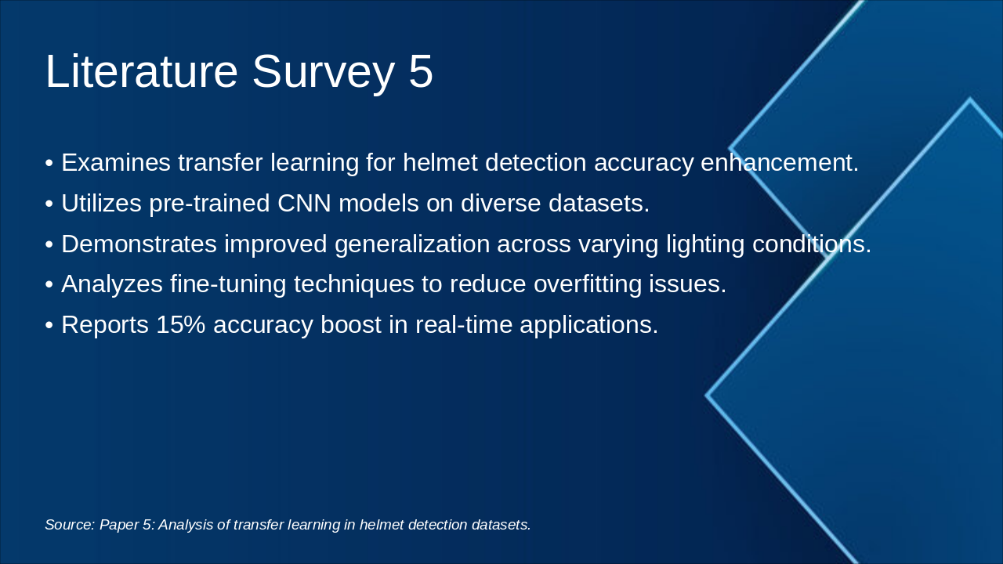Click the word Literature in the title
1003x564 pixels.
142,71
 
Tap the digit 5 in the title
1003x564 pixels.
421,71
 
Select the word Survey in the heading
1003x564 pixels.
324,74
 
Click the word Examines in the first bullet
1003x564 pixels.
116,162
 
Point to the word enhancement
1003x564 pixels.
780,162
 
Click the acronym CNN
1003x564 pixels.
304,203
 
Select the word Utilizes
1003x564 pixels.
102,203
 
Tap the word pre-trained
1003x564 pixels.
209,204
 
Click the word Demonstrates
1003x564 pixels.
139,244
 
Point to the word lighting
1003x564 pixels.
705,245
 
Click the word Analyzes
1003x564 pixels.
112,284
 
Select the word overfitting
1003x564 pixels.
588,285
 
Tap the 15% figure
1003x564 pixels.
181,324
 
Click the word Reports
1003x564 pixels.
105,326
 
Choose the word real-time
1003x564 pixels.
464,324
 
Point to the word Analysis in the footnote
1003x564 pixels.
186,526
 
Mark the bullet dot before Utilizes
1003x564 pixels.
49,204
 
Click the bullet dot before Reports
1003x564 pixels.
49,325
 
